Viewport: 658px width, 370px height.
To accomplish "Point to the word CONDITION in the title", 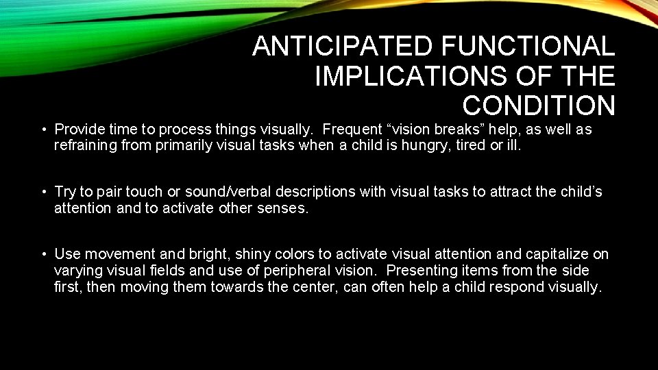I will click(539, 106).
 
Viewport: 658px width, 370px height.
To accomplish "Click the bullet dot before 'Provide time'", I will click(43, 130).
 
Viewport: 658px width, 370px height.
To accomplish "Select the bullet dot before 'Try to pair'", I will click(43, 193).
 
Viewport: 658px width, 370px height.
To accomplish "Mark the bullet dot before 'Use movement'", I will click(43, 255).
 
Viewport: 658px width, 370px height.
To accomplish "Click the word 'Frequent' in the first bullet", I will click(352, 129).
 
